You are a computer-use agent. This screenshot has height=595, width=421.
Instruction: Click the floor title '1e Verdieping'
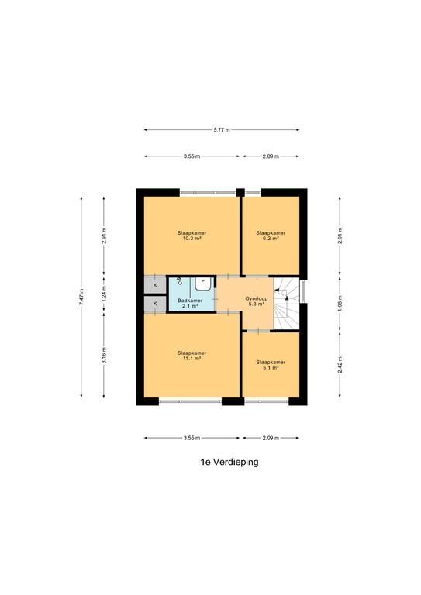[x=229, y=462]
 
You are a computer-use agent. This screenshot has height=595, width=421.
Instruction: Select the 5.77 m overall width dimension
[x=222, y=130]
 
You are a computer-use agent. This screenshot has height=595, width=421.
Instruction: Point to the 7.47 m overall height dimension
[x=81, y=297]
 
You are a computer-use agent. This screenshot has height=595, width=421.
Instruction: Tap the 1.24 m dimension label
[x=104, y=294]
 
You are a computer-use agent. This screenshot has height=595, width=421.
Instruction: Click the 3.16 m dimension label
[x=104, y=355]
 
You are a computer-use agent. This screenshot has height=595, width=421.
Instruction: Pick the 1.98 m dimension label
[x=340, y=303]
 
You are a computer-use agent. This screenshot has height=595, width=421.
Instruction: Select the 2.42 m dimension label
[x=340, y=364]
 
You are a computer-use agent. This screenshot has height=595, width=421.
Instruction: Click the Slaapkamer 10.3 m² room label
[x=192, y=236]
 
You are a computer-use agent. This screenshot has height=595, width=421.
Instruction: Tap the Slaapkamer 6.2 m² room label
[x=271, y=236]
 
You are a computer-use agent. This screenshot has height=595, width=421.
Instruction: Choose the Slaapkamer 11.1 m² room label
[x=192, y=355]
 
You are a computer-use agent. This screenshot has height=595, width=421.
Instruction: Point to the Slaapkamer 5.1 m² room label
[x=271, y=365]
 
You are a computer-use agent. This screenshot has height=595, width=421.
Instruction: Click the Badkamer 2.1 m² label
[x=190, y=303]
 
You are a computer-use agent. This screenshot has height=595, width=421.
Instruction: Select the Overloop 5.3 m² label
[x=257, y=301]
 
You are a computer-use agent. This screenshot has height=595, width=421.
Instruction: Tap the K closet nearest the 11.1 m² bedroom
[x=155, y=304]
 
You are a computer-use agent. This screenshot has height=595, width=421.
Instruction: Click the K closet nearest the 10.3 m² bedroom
[x=155, y=285]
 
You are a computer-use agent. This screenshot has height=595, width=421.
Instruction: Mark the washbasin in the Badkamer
[x=203, y=284]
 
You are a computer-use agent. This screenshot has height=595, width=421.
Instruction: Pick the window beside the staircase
[x=303, y=291]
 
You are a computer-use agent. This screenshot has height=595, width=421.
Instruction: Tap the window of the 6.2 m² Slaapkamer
[x=253, y=192]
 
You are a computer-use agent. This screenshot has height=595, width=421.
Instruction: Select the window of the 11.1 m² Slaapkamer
[x=190, y=401]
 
